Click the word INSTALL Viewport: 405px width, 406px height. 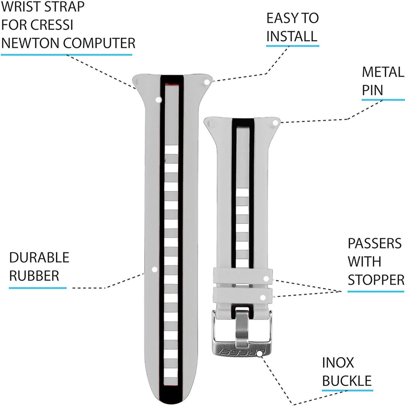pos(292,36)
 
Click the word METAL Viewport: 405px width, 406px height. pos(383,72)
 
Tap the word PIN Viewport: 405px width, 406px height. pos(372,90)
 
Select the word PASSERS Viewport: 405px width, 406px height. pos(375,243)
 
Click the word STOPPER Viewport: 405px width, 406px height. pos(376,280)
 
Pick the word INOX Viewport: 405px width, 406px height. pos(338,363)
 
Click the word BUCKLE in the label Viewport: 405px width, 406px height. pos(347,381)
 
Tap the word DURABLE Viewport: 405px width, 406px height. pos(39,258)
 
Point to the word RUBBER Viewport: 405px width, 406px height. pos(34,276)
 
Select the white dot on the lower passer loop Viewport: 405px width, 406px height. pos(263,298)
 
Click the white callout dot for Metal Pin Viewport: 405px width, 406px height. pos(275,122)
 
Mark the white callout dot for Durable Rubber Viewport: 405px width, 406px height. pos(154,269)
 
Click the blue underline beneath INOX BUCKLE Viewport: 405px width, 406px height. pos(347,391)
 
